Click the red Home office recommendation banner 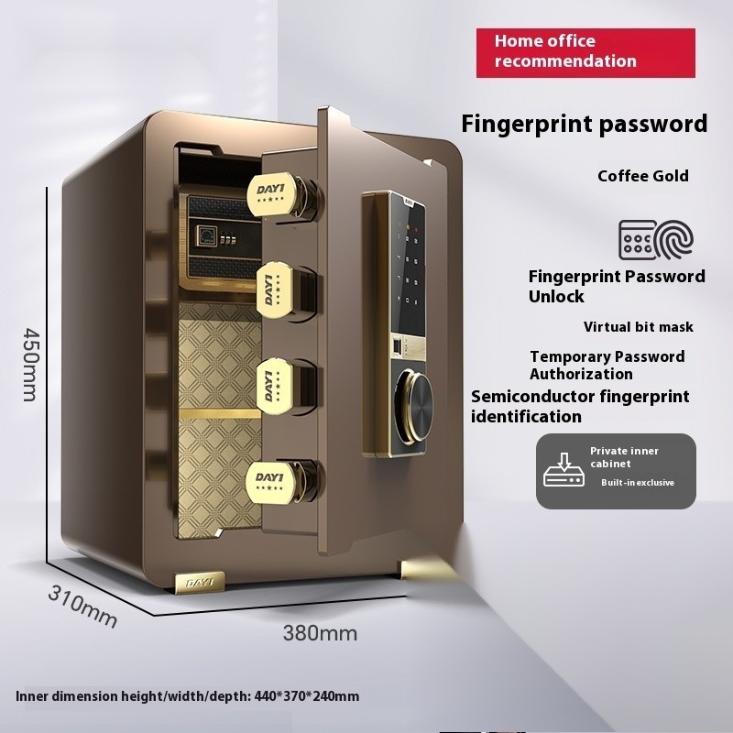click(585, 53)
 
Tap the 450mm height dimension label click(31, 364)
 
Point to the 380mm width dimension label click(320, 633)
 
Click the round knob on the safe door click(413, 408)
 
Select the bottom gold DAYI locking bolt click(271, 482)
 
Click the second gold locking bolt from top click(274, 290)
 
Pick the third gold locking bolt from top click(274, 386)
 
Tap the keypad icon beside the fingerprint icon click(638, 240)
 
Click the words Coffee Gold click(643, 176)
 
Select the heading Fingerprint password click(584, 125)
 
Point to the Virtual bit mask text click(638, 327)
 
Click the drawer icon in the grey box click(563, 470)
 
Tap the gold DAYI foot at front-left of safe click(200, 583)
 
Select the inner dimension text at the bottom click(188, 696)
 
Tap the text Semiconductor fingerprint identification click(580, 406)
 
